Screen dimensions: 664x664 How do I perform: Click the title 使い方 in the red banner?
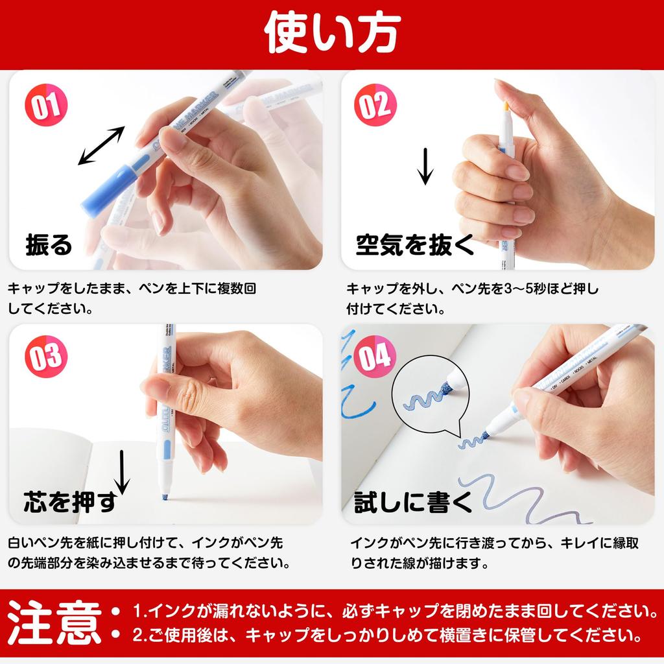(x=333, y=32)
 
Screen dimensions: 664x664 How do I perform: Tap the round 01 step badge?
(x=46, y=104)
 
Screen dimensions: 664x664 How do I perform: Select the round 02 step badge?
(x=375, y=104)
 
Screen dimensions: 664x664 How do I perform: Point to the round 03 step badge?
(x=46, y=356)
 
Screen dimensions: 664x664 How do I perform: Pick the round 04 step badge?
(x=375, y=356)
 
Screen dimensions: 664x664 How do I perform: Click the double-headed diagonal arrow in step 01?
(x=102, y=145)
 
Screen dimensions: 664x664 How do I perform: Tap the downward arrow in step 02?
(x=425, y=166)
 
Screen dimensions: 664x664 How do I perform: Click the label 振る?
(x=49, y=244)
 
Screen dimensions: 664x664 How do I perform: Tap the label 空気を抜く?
(x=415, y=244)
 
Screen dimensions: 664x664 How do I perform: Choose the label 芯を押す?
(x=70, y=501)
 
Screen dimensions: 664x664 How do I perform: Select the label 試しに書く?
(x=413, y=501)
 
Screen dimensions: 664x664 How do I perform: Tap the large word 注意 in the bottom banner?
(x=54, y=622)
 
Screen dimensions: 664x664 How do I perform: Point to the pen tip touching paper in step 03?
(x=165, y=496)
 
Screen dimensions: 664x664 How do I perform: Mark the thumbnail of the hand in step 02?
(x=498, y=170)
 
